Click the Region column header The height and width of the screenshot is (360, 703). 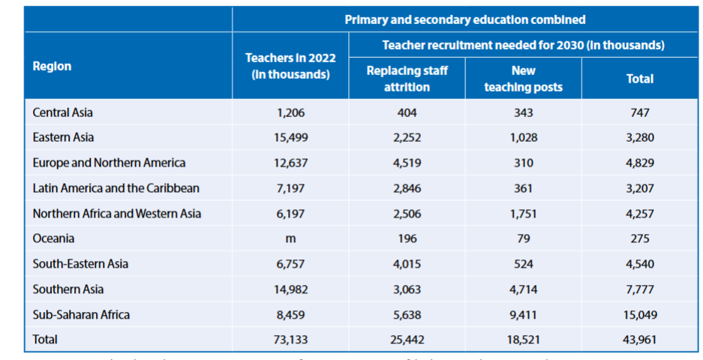[x=53, y=66]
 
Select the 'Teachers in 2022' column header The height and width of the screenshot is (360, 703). [x=290, y=66]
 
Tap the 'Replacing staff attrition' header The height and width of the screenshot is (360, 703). [x=407, y=79]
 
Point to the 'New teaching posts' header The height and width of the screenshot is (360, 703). [x=523, y=79]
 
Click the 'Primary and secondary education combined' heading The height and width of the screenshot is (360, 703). [x=465, y=19]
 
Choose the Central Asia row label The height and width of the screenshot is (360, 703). [x=63, y=112]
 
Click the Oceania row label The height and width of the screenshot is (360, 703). [x=54, y=238]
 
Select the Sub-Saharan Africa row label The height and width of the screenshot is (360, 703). [x=81, y=314]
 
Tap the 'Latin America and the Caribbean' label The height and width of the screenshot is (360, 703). [x=116, y=188]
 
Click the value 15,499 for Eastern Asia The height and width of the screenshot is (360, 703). [x=290, y=138]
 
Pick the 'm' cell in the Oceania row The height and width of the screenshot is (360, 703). [x=290, y=238]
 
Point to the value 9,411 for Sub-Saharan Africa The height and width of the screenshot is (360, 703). [x=523, y=314]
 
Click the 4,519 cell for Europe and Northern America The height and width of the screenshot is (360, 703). [x=407, y=163]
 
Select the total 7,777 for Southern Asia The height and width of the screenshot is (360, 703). [x=640, y=289]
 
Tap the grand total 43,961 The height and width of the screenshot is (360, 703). [x=640, y=339]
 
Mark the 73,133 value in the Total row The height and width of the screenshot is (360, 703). [x=290, y=339]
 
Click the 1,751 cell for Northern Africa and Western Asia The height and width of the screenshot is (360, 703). [x=523, y=214]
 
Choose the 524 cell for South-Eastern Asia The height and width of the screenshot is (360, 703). [x=523, y=264]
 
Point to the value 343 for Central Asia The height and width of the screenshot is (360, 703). [x=523, y=112]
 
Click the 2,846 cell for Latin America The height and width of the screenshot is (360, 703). [x=407, y=188]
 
